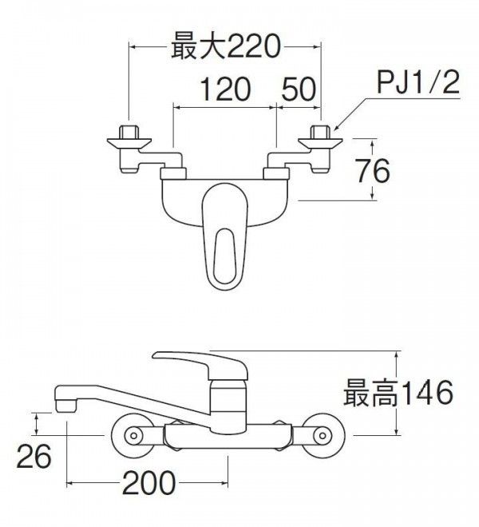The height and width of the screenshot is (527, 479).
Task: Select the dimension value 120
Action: (224, 89)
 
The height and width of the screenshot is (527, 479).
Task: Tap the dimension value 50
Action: (299, 89)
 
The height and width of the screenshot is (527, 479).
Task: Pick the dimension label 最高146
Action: (398, 393)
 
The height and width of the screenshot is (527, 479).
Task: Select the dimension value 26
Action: (34, 456)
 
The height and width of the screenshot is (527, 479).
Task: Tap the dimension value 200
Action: (148, 482)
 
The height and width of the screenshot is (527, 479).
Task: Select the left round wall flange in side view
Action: (134, 435)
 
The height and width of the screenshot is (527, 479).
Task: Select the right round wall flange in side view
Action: (321, 435)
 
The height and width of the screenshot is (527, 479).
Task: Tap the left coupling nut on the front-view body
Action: (173, 173)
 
